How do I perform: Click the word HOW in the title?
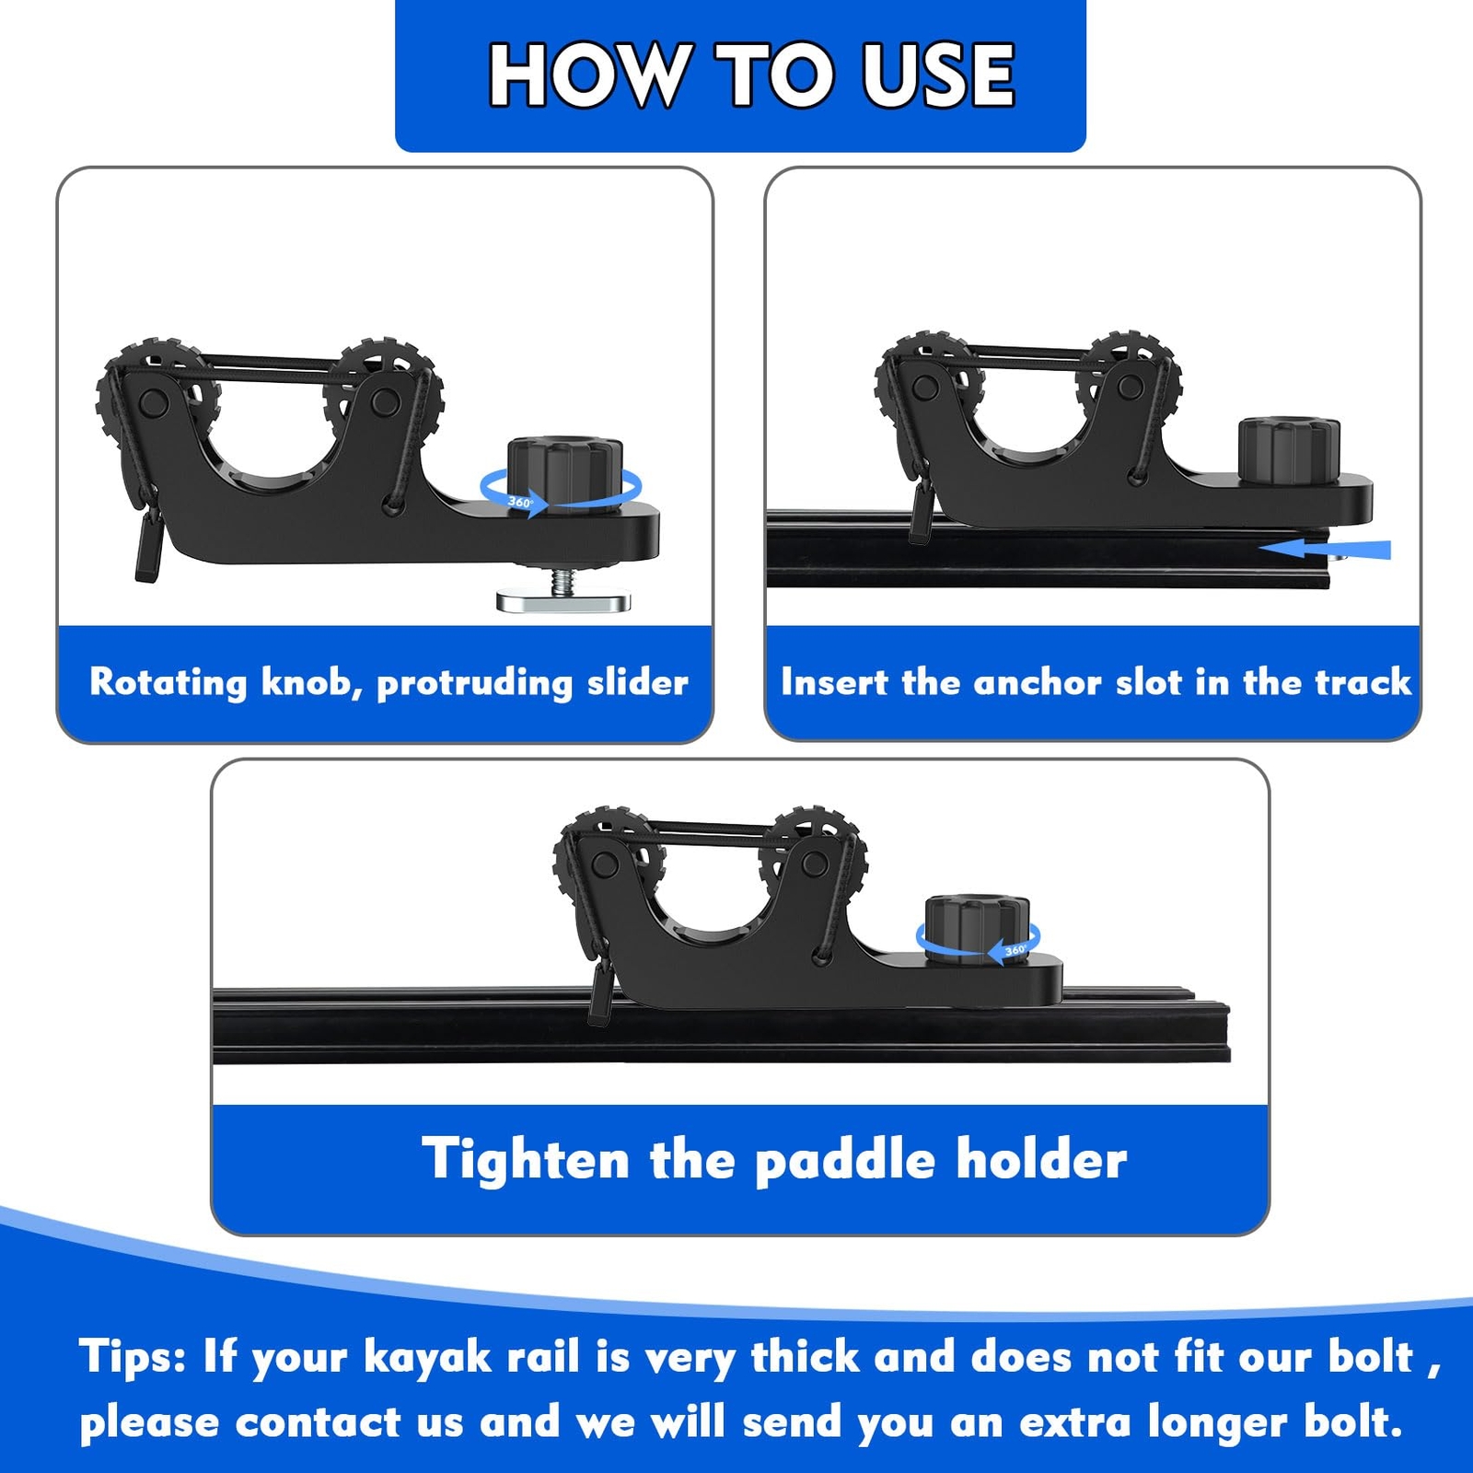(x=589, y=75)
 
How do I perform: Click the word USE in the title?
(x=938, y=75)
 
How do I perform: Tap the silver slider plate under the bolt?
(x=563, y=601)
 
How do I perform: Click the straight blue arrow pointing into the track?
(x=1325, y=549)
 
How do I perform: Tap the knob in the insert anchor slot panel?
(x=1289, y=448)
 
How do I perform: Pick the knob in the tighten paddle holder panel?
(x=977, y=927)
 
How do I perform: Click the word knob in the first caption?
(x=310, y=682)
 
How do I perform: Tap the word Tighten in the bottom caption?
(x=526, y=1159)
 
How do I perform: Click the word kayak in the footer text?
(x=427, y=1359)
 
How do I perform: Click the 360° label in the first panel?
(x=520, y=503)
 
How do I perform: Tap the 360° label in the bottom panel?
(x=1015, y=949)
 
